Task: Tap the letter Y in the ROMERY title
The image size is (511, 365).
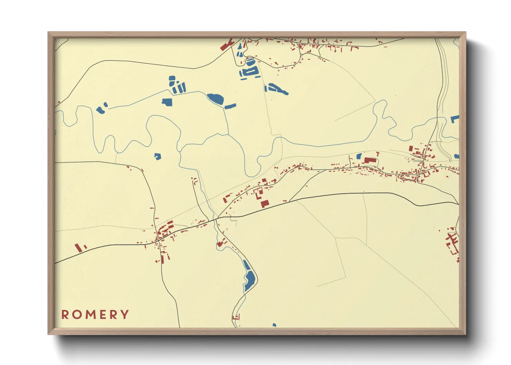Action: [125, 315]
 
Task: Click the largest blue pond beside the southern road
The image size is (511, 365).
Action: [249, 278]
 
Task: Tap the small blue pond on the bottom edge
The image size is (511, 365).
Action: [274, 325]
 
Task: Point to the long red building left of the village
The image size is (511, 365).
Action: [78, 248]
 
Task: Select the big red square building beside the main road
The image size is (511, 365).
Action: [264, 203]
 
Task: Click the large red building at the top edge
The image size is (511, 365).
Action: [226, 46]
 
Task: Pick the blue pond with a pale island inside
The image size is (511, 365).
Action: [250, 72]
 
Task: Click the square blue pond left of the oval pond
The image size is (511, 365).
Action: [167, 102]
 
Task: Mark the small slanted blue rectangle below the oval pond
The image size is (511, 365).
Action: [230, 106]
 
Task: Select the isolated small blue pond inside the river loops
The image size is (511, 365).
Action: [157, 156]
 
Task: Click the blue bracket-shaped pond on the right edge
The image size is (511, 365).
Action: [455, 119]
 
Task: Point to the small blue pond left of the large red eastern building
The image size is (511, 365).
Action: [359, 156]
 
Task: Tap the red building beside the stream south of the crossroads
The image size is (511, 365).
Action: [220, 244]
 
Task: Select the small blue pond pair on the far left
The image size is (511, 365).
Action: [101, 109]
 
